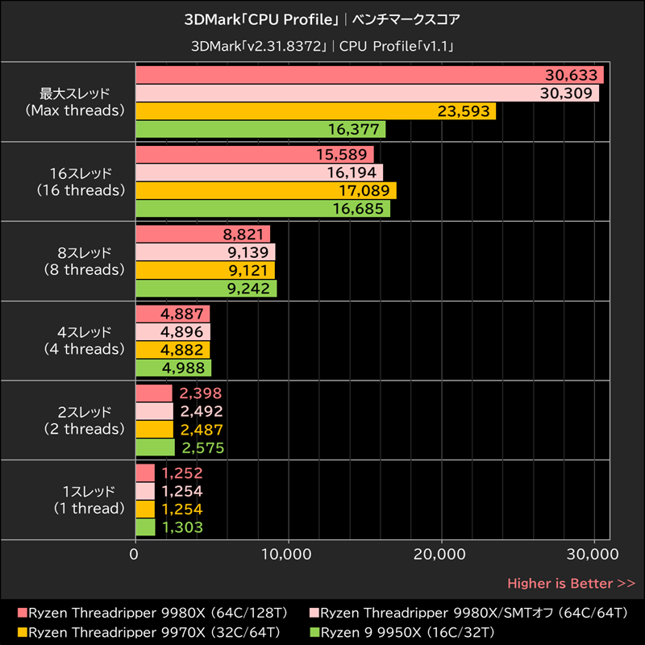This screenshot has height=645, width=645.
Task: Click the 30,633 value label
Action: (572, 75)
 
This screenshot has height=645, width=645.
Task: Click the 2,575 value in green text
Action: (202, 447)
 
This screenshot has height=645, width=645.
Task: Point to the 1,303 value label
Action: (181, 527)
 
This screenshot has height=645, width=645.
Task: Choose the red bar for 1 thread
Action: (144, 473)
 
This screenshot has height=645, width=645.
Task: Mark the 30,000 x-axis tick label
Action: (593, 554)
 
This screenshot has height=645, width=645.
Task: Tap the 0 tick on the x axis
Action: (135, 554)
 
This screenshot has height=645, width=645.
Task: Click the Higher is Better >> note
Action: (571, 583)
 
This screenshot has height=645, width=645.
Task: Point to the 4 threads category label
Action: (81, 340)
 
